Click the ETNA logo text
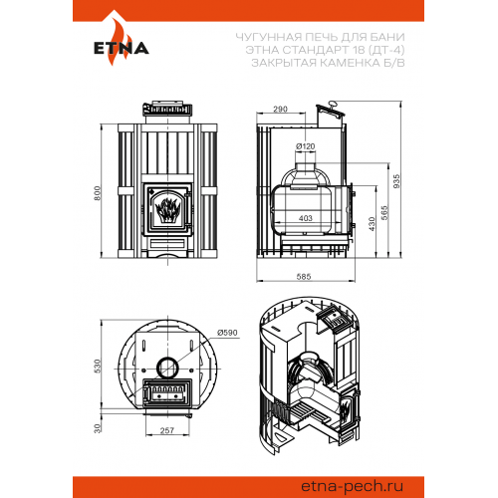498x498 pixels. click(122, 48)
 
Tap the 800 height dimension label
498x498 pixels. click(97, 193)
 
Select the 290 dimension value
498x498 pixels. click(280, 109)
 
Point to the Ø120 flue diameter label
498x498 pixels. click(305, 146)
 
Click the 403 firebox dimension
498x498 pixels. click(306, 218)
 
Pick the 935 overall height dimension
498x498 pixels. click(396, 181)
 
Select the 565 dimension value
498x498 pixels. click(384, 213)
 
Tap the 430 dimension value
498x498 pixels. click(372, 224)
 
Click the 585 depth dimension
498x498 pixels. click(304, 277)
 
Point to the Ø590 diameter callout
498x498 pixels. click(227, 333)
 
